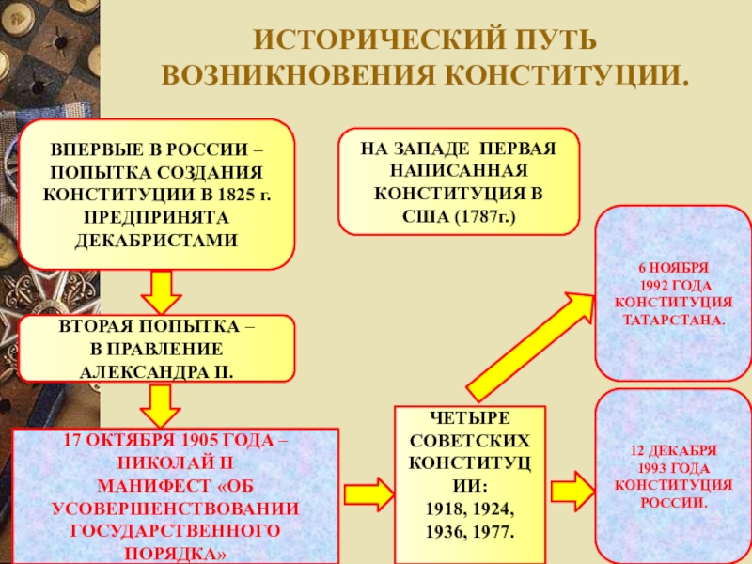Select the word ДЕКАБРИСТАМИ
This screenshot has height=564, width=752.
point(156,239)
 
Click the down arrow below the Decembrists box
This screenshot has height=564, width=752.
point(161,291)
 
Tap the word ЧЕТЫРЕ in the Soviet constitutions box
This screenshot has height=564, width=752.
point(469,419)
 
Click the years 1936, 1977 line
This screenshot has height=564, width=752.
point(469,531)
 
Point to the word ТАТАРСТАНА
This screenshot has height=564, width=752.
point(673,319)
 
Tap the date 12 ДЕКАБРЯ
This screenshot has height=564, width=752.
point(673,449)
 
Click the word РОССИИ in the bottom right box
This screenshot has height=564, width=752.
point(673,502)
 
